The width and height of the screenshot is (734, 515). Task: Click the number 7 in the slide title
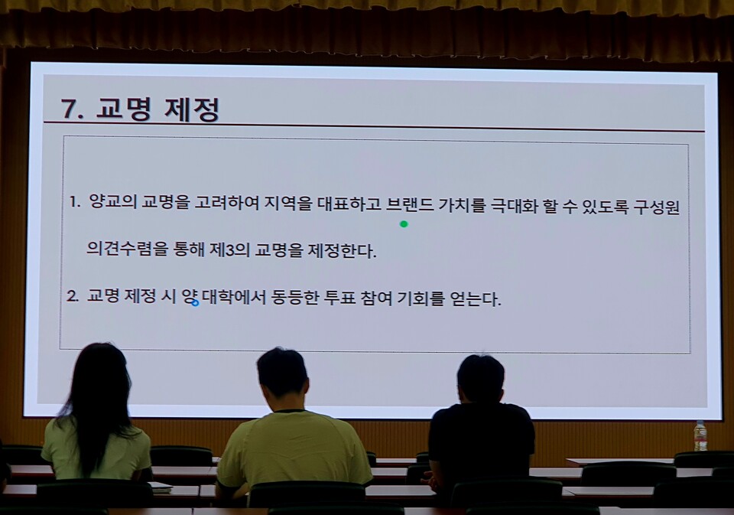pos(70,109)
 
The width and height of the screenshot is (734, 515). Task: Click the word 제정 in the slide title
pos(192,109)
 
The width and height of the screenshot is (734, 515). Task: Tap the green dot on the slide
pos(404,224)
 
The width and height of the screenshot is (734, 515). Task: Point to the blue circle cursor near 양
pos(195,303)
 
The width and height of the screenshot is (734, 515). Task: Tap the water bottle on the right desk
pos(700,435)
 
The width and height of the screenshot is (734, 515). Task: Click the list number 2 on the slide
pos(73,297)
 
